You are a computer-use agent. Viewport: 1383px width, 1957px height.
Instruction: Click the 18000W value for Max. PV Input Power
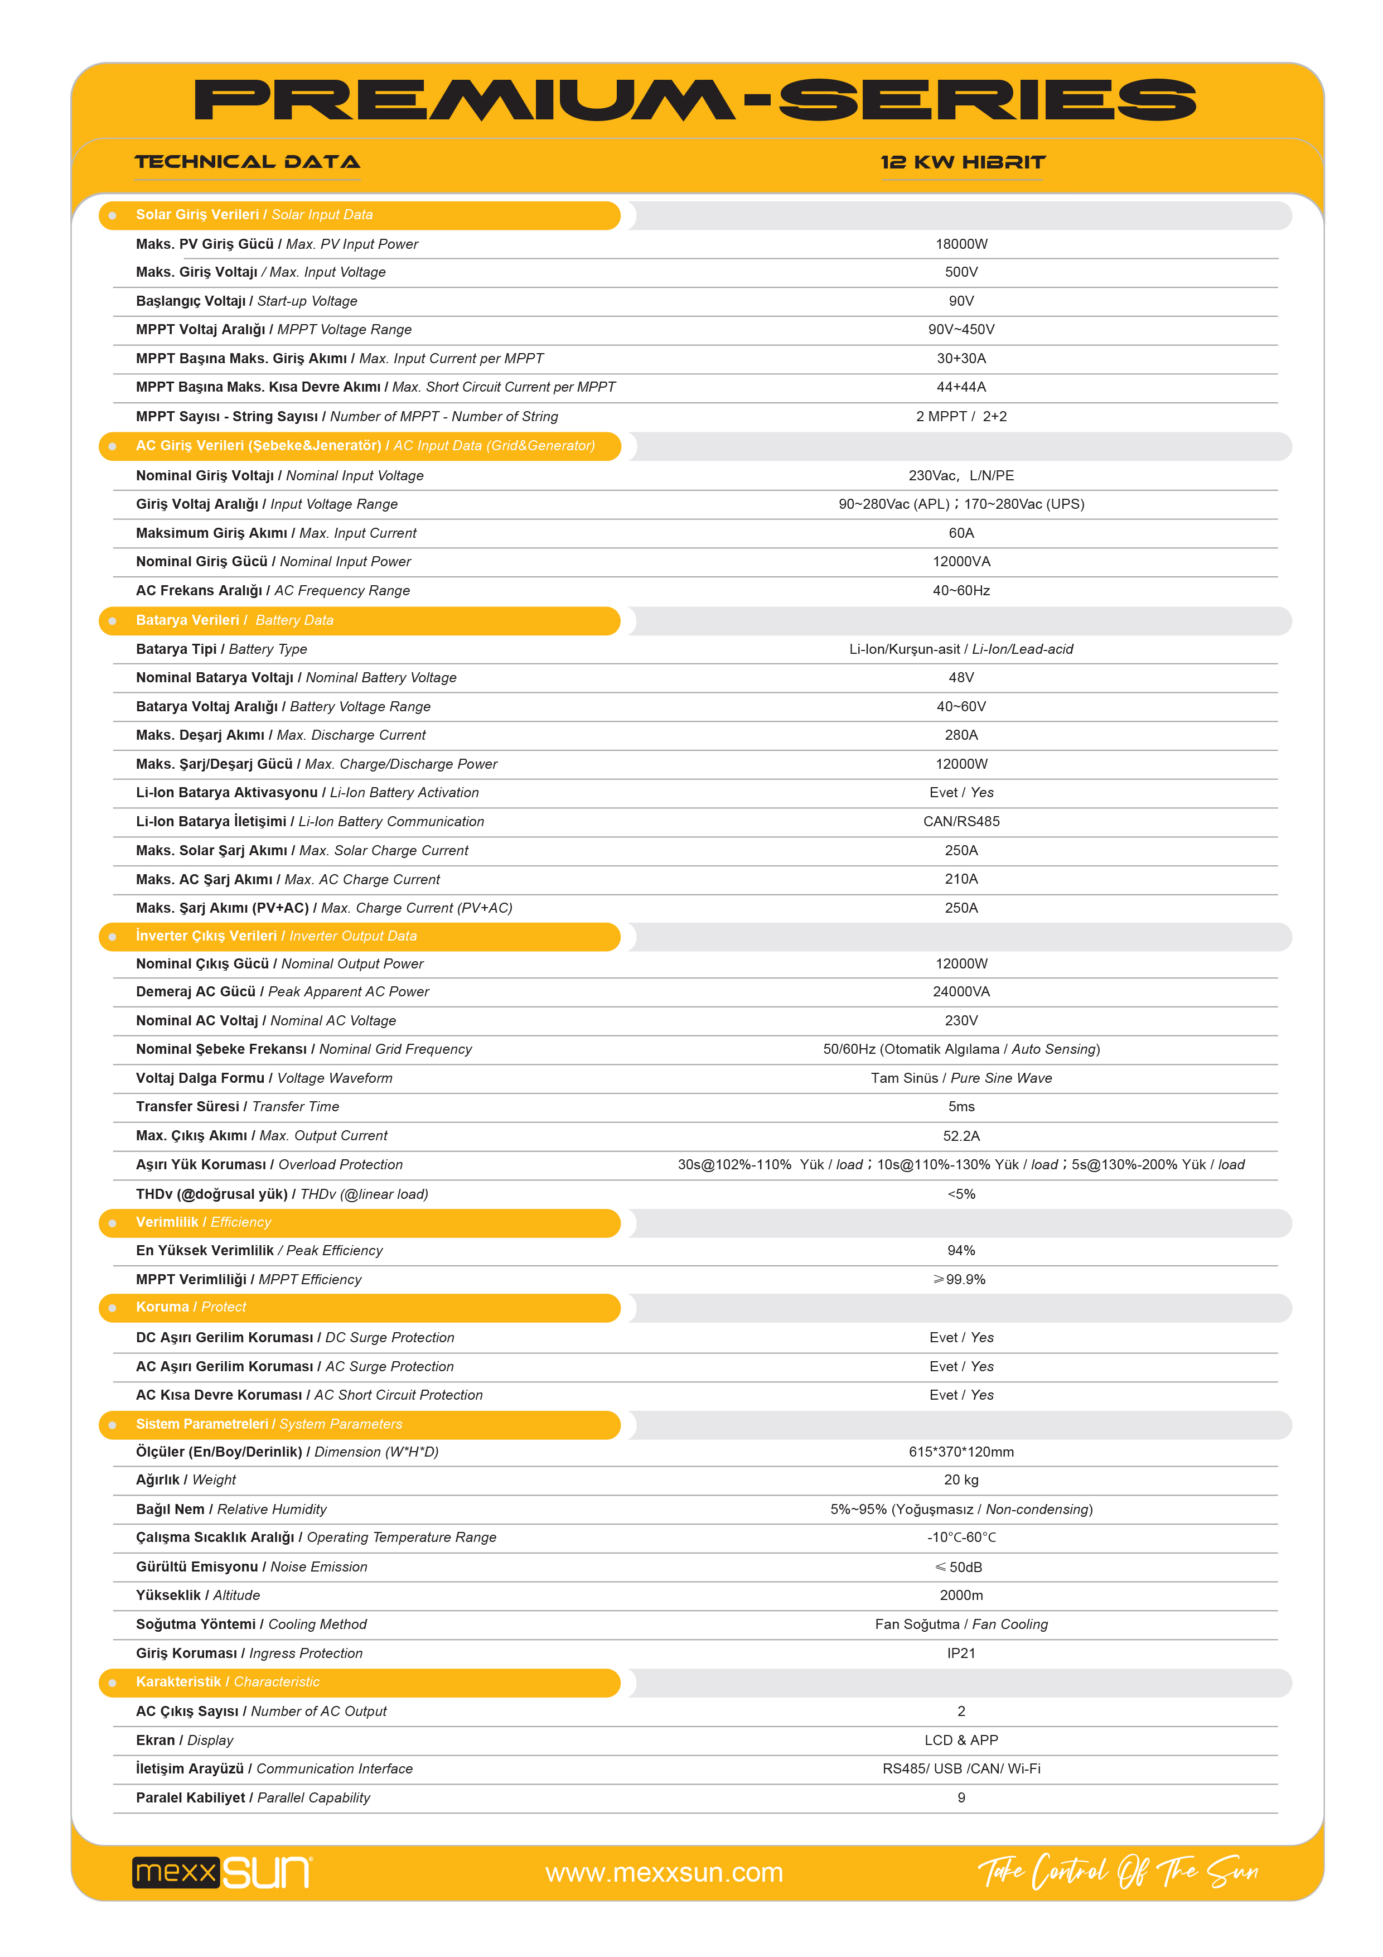click(x=961, y=244)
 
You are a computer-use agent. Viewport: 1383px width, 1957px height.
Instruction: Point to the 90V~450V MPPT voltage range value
click(x=961, y=330)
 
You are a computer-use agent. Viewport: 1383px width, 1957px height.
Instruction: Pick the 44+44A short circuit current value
click(x=961, y=387)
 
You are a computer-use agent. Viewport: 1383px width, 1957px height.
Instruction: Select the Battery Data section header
click(x=234, y=620)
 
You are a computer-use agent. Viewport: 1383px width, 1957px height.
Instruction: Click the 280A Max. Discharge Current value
click(x=961, y=735)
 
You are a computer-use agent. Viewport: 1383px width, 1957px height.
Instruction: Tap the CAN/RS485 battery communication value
click(x=961, y=822)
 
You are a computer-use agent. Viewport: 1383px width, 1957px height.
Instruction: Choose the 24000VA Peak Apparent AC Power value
click(x=961, y=992)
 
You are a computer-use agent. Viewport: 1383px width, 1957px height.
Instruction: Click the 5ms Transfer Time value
click(x=961, y=1106)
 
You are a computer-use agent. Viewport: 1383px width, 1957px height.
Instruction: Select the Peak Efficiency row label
click(x=259, y=1250)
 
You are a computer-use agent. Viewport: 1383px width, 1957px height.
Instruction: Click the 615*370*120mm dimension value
click(x=961, y=1452)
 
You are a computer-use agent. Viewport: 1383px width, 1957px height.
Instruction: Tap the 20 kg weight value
click(x=961, y=1481)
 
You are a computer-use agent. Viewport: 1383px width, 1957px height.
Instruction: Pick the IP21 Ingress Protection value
click(x=961, y=1654)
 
